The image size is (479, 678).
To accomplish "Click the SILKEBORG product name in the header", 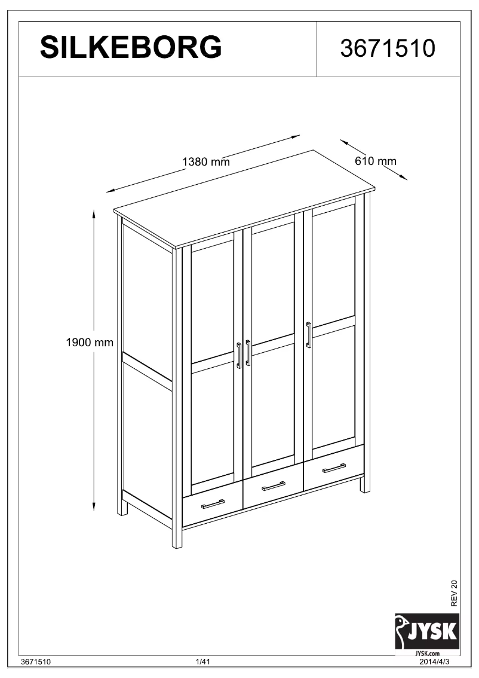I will tap(131, 47).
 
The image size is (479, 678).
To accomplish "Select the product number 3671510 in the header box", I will tap(388, 48).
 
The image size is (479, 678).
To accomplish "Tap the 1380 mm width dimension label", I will tap(205, 161).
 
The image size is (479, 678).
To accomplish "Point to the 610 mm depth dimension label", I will tap(376, 161).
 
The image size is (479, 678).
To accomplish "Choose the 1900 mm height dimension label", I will tap(90, 343).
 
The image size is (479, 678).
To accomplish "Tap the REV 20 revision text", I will tap(454, 594).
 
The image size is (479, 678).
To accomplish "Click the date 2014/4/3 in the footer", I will tap(436, 662).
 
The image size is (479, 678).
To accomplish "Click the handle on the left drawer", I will tap(213, 504).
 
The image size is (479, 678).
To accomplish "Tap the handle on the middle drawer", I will tap(274, 485).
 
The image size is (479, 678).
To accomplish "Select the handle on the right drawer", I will tap(334, 468).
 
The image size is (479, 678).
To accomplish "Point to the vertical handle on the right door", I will tap(308, 334).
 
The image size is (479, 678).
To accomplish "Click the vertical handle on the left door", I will tap(239, 355).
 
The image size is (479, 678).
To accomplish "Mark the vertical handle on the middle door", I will tap(248, 353).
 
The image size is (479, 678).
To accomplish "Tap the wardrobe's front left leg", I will tap(177, 538).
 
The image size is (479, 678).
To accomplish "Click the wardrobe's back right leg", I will tap(365, 484).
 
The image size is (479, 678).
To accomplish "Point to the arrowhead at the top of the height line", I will tap(94, 212).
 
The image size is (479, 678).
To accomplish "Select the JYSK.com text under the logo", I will tap(426, 653).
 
